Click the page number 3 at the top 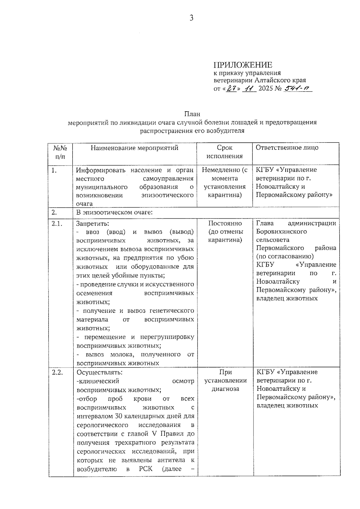point(191,18)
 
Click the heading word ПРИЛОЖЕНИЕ point(243,65)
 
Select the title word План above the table point(192,114)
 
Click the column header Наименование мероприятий point(134,148)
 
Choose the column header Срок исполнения point(224,152)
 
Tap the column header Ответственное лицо point(287,148)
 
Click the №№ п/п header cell point(60,152)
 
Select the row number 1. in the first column point(54,170)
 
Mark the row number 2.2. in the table point(57,372)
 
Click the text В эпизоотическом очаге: point(114,213)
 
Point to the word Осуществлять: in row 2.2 point(99,372)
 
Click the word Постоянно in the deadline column point(225,223)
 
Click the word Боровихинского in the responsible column point(281,232)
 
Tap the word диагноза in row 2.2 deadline point(225,389)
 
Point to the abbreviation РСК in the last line point(146,469)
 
